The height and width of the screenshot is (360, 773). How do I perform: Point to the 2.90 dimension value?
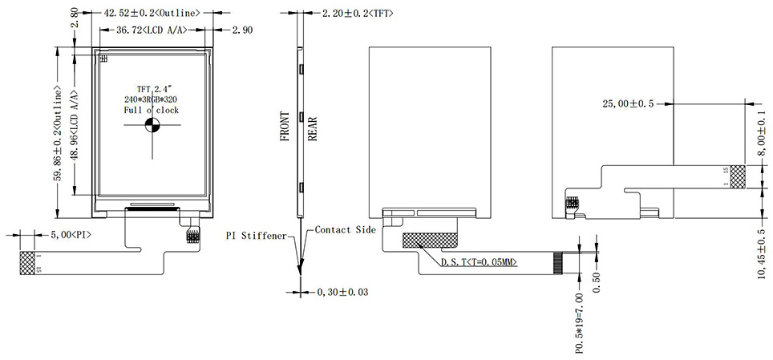(242, 30)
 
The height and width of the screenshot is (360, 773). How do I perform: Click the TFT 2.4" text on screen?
(152, 87)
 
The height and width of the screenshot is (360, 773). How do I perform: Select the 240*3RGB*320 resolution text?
(152, 99)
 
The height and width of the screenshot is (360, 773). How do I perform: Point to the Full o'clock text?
(152, 110)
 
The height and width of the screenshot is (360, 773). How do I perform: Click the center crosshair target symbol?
(152, 124)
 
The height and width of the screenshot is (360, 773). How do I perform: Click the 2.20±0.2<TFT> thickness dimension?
(358, 14)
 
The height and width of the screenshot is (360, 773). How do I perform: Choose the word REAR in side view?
(313, 128)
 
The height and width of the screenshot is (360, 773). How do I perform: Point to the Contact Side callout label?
(343, 230)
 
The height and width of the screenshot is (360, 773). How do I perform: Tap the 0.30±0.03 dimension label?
(343, 292)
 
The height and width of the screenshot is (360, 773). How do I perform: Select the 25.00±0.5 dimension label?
(628, 103)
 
